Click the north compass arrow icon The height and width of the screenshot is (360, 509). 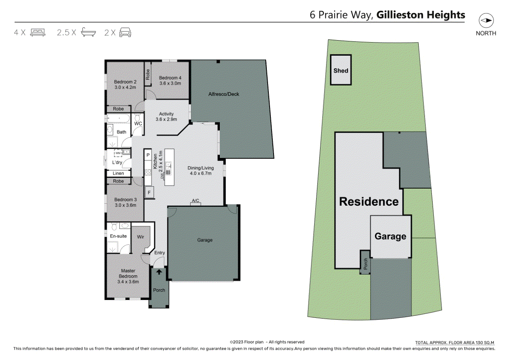(x=486, y=21)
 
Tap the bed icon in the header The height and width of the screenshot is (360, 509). (x=38, y=32)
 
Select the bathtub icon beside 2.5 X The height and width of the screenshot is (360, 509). (x=89, y=32)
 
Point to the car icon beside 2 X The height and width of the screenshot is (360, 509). (x=125, y=32)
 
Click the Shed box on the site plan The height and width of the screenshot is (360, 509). (x=341, y=70)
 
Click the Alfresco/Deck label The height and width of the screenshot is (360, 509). (x=224, y=94)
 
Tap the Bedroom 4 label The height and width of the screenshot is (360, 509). (x=170, y=78)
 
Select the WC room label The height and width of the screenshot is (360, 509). (x=138, y=124)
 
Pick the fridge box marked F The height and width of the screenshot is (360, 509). (x=149, y=193)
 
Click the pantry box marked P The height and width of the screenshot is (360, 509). (x=148, y=155)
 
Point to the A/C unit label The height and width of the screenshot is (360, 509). (x=195, y=201)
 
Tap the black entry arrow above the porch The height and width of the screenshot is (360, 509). (x=159, y=272)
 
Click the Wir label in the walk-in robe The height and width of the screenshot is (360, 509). (x=140, y=237)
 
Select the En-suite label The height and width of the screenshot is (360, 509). (x=118, y=236)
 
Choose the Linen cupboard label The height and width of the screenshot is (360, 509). (x=119, y=173)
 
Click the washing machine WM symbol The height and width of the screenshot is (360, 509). (x=118, y=152)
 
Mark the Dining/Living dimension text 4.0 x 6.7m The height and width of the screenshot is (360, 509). (x=200, y=173)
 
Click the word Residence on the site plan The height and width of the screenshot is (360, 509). (x=369, y=201)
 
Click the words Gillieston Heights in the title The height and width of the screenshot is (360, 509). (x=421, y=15)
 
